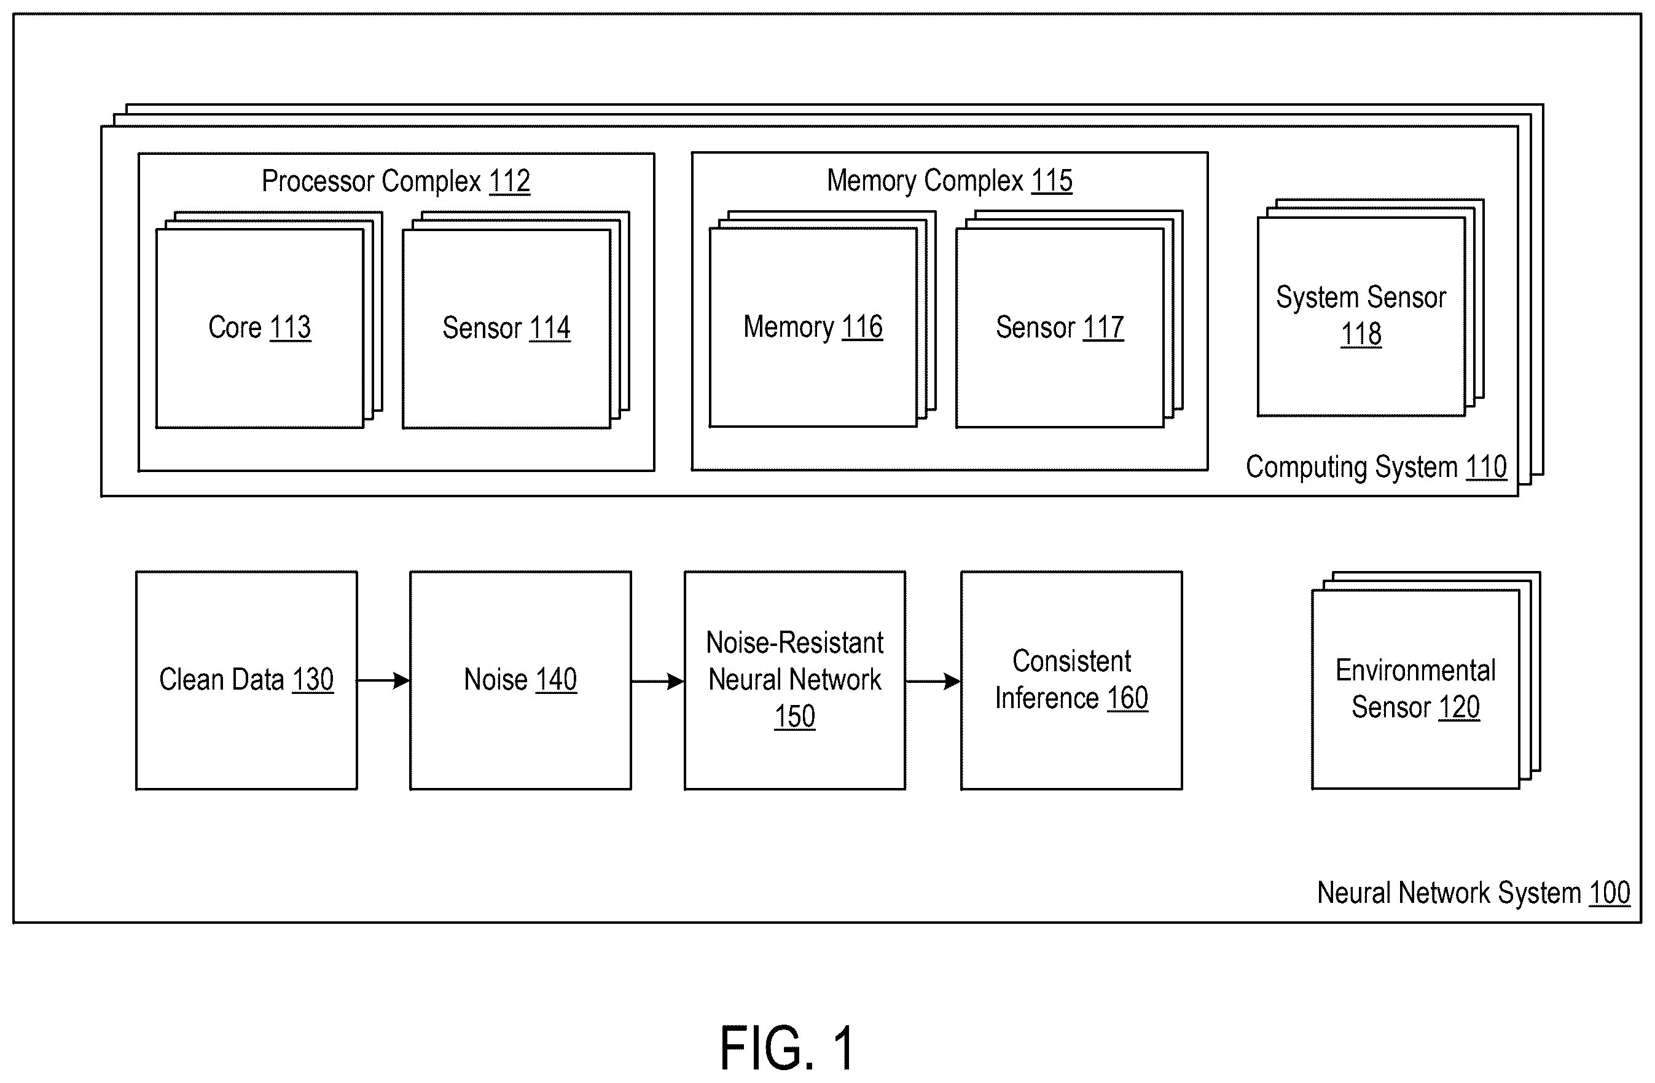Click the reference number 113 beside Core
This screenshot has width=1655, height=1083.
point(290,327)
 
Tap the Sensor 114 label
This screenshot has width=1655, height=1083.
point(506,328)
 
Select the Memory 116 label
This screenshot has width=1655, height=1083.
point(813,327)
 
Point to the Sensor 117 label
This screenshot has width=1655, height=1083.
point(1060,327)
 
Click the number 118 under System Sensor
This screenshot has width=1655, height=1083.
point(1361,334)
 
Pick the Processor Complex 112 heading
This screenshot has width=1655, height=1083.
point(396,181)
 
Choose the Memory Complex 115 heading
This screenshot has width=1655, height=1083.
point(949,180)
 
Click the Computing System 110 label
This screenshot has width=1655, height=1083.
point(1376,467)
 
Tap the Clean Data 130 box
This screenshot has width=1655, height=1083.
point(247,680)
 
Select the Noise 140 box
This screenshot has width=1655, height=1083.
point(521,680)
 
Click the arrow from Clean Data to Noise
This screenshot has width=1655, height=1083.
point(384,680)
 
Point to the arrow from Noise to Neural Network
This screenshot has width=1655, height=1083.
point(658,681)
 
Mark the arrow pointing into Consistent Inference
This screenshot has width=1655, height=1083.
point(933,681)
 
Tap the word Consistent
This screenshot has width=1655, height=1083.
point(1071,661)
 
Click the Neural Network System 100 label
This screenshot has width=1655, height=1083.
point(1474,892)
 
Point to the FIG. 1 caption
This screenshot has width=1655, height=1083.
point(787,1047)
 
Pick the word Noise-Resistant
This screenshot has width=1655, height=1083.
point(795,643)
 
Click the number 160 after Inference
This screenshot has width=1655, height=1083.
point(1127,698)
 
